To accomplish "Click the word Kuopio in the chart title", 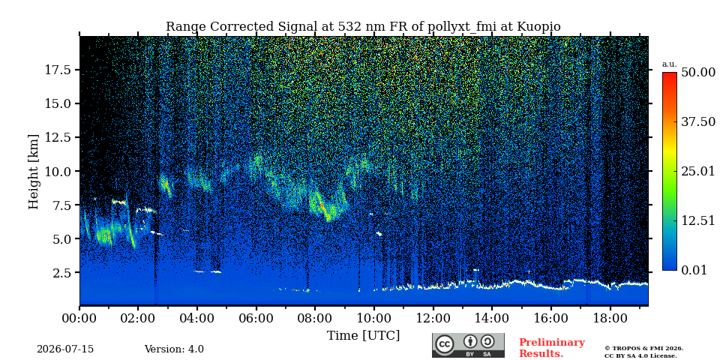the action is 538,27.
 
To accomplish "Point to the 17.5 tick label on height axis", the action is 58,70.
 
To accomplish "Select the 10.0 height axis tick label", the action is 58,171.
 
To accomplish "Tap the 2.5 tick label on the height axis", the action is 62,273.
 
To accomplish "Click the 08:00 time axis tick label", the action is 315,319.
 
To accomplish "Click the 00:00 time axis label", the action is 80,319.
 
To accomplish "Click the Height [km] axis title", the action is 34,172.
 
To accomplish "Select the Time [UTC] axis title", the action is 363,336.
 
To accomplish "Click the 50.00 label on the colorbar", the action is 698,73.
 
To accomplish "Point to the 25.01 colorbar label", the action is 698,172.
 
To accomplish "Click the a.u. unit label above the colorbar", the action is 669,64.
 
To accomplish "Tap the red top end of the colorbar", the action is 670,73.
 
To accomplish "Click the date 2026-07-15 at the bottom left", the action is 65,349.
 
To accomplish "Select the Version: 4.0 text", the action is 174,349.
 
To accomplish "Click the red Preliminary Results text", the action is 552,348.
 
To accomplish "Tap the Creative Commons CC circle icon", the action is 445,344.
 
